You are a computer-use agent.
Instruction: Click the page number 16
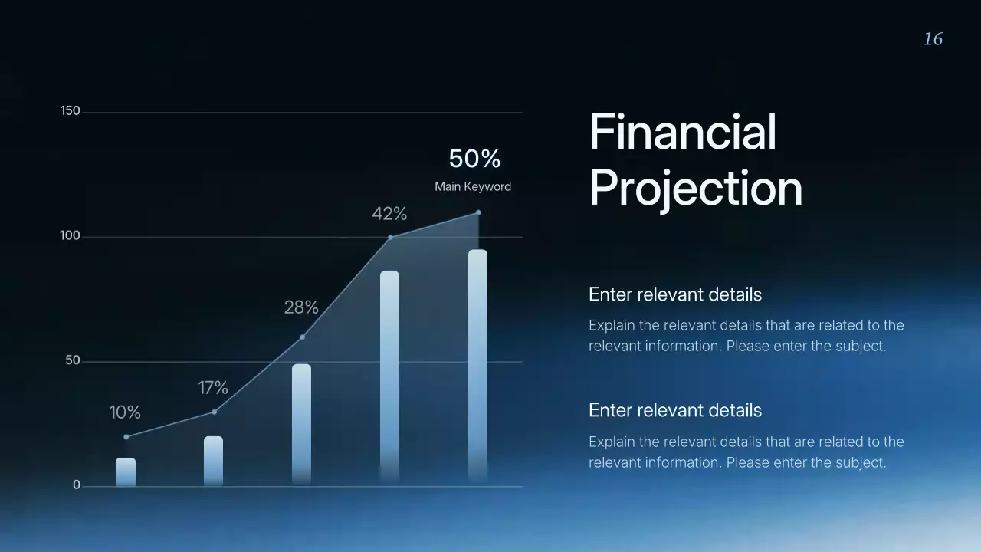pos(933,39)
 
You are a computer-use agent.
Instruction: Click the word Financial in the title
pos(683,132)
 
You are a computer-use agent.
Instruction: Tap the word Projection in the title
pos(695,188)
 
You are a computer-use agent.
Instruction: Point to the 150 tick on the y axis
pos(70,111)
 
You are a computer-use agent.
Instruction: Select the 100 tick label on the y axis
pos(70,235)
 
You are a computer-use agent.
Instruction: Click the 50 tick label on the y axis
pos(73,360)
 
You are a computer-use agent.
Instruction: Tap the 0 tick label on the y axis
pos(77,485)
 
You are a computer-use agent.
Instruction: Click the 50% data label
pos(474,159)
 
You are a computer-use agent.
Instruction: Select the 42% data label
pos(389,214)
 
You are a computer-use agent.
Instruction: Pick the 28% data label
pos(301,307)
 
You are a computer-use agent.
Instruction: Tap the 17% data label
pos(213,388)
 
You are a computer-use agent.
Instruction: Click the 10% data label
pos(125,412)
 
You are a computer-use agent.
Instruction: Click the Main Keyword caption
pos(473,186)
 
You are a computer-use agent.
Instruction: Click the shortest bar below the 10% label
pos(126,472)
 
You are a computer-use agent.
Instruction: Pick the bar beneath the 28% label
pos(301,423)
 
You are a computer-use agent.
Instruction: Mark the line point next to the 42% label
pos(390,238)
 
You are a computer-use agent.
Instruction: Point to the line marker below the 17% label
pos(214,412)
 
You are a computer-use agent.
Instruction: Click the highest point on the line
pos(478,212)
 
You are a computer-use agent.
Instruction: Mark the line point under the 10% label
pos(126,437)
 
